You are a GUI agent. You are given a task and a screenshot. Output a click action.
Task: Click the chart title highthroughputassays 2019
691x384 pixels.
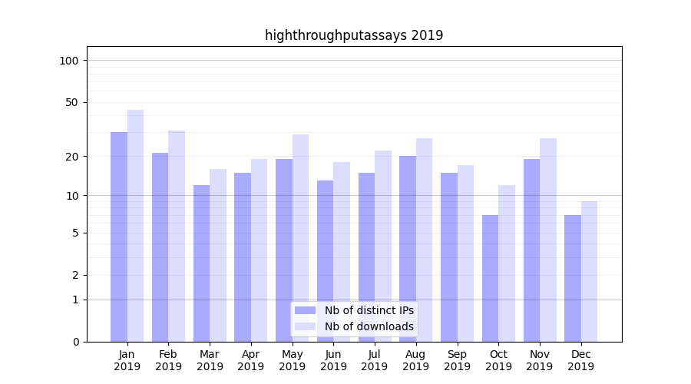point(354,35)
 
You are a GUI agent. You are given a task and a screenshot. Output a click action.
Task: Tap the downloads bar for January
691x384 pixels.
point(136,226)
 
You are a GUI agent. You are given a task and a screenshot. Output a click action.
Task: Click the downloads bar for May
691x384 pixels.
point(300,238)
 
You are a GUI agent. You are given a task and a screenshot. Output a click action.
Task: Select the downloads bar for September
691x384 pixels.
point(465,253)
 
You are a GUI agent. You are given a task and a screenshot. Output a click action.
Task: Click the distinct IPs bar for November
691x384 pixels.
point(531,250)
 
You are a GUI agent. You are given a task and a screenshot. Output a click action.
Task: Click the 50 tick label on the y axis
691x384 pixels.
point(72,102)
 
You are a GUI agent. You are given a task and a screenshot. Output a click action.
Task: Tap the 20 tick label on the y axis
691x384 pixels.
point(72,157)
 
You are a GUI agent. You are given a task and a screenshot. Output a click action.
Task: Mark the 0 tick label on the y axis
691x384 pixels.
point(75,342)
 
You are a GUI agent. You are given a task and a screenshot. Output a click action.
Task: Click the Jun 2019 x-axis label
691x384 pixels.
point(333,360)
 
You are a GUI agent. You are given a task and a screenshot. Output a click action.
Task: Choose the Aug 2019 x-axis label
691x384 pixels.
point(415,360)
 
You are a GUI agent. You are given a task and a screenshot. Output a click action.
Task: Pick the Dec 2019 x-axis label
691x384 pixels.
point(580,360)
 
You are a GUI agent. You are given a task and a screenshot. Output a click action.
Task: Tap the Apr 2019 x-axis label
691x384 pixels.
point(251,360)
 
